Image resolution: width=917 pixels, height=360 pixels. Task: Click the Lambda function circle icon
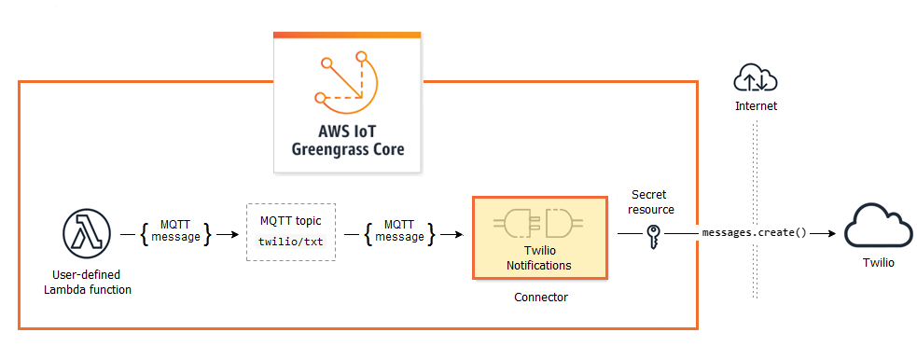(x=87, y=232)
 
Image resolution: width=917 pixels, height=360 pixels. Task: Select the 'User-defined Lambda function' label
(x=88, y=283)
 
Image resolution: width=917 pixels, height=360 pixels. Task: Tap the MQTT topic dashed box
(x=290, y=231)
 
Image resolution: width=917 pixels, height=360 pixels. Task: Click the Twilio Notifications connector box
(x=539, y=237)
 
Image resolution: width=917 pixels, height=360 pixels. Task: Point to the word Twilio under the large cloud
(x=877, y=263)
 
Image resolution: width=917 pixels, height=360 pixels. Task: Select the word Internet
(x=755, y=106)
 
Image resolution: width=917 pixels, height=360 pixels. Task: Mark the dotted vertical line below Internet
(x=755, y=187)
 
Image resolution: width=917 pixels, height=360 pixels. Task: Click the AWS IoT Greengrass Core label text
(x=348, y=141)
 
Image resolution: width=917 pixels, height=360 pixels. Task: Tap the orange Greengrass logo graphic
(x=347, y=81)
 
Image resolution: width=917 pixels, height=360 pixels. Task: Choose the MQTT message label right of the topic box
(x=398, y=231)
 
